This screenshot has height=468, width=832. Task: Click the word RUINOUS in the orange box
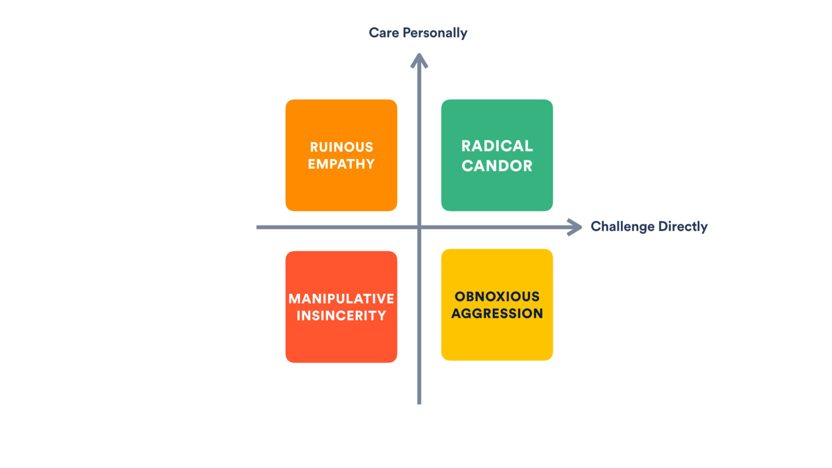click(x=341, y=147)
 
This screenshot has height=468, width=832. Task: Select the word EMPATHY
click(x=341, y=164)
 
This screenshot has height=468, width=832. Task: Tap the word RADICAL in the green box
click(x=497, y=146)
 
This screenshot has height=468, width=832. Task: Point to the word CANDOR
click(x=497, y=166)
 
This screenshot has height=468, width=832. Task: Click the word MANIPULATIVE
click(x=341, y=299)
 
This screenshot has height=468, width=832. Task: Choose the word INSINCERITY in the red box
click(x=341, y=315)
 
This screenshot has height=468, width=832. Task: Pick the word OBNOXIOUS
click(x=497, y=296)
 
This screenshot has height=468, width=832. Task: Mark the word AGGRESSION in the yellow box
click(x=497, y=313)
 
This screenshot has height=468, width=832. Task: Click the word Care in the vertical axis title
click(x=384, y=33)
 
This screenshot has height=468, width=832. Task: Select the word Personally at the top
click(x=435, y=33)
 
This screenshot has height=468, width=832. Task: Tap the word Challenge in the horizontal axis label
click(x=622, y=227)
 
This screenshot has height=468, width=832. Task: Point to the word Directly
click(x=683, y=227)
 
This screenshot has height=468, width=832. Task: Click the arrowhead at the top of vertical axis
click(x=419, y=60)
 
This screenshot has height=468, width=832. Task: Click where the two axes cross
click(x=419, y=227)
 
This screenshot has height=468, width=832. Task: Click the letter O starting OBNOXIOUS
click(x=460, y=296)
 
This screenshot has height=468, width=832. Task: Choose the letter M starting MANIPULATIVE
click(x=295, y=299)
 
